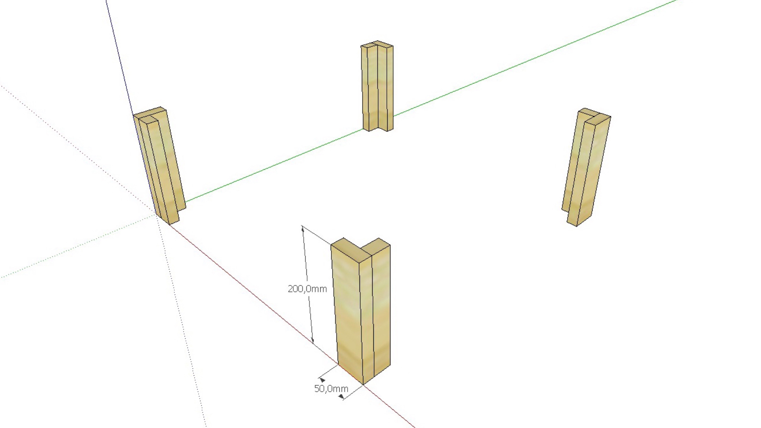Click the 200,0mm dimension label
(x=307, y=289)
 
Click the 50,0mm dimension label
(x=331, y=389)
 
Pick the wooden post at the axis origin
(x=161, y=166)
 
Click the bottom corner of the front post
(x=363, y=383)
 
